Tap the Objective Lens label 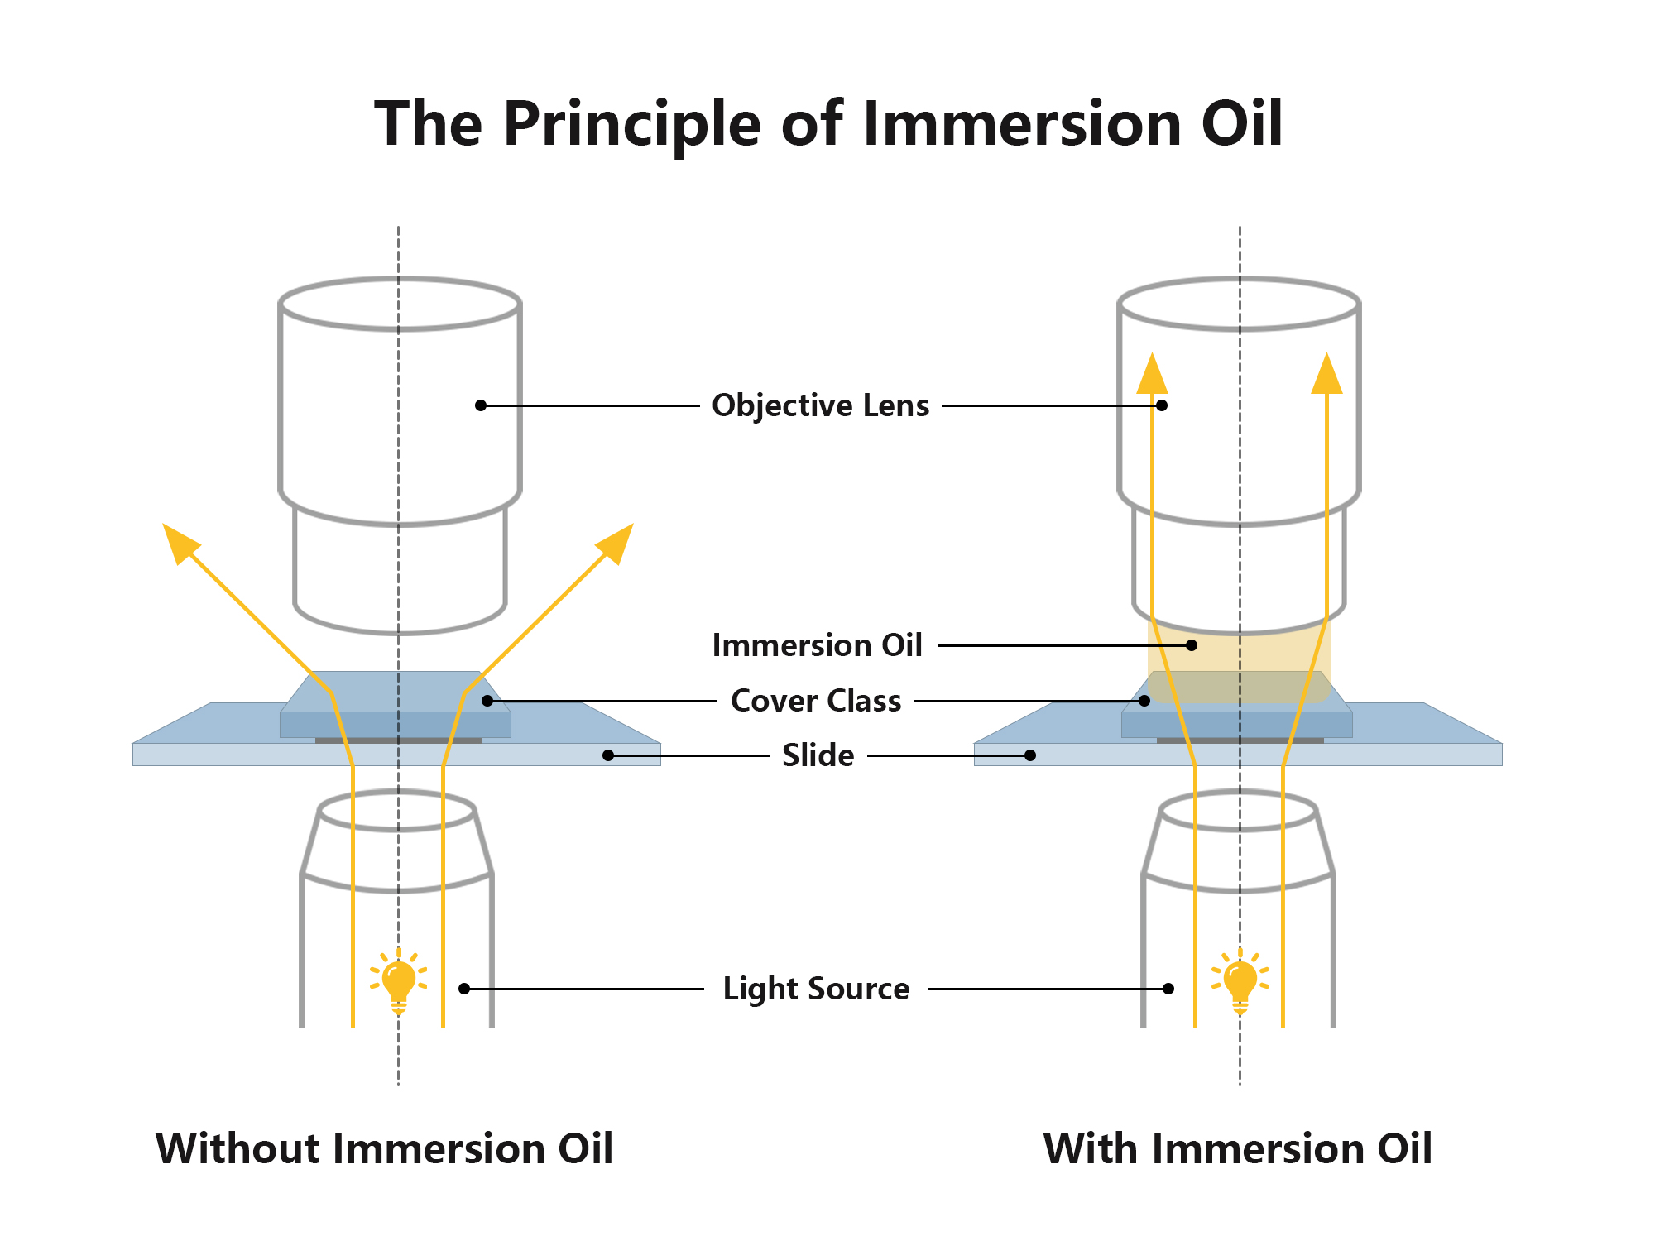[x=820, y=405]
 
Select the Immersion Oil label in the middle [x=817, y=645]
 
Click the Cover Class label [x=816, y=701]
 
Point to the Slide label [x=818, y=755]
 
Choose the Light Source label [x=816, y=989]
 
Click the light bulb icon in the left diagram [x=398, y=982]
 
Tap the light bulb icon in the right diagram [x=1240, y=982]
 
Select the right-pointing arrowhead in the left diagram [x=617, y=542]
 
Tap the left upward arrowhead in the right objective [x=1152, y=375]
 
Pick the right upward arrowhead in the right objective [x=1327, y=375]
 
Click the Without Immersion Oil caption [x=384, y=1149]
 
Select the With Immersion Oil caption [x=1237, y=1149]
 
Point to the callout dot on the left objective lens [x=481, y=405]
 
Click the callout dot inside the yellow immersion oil [x=1192, y=645]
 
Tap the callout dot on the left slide [x=608, y=755]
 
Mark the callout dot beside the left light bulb [x=464, y=989]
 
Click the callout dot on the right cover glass [x=1144, y=701]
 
